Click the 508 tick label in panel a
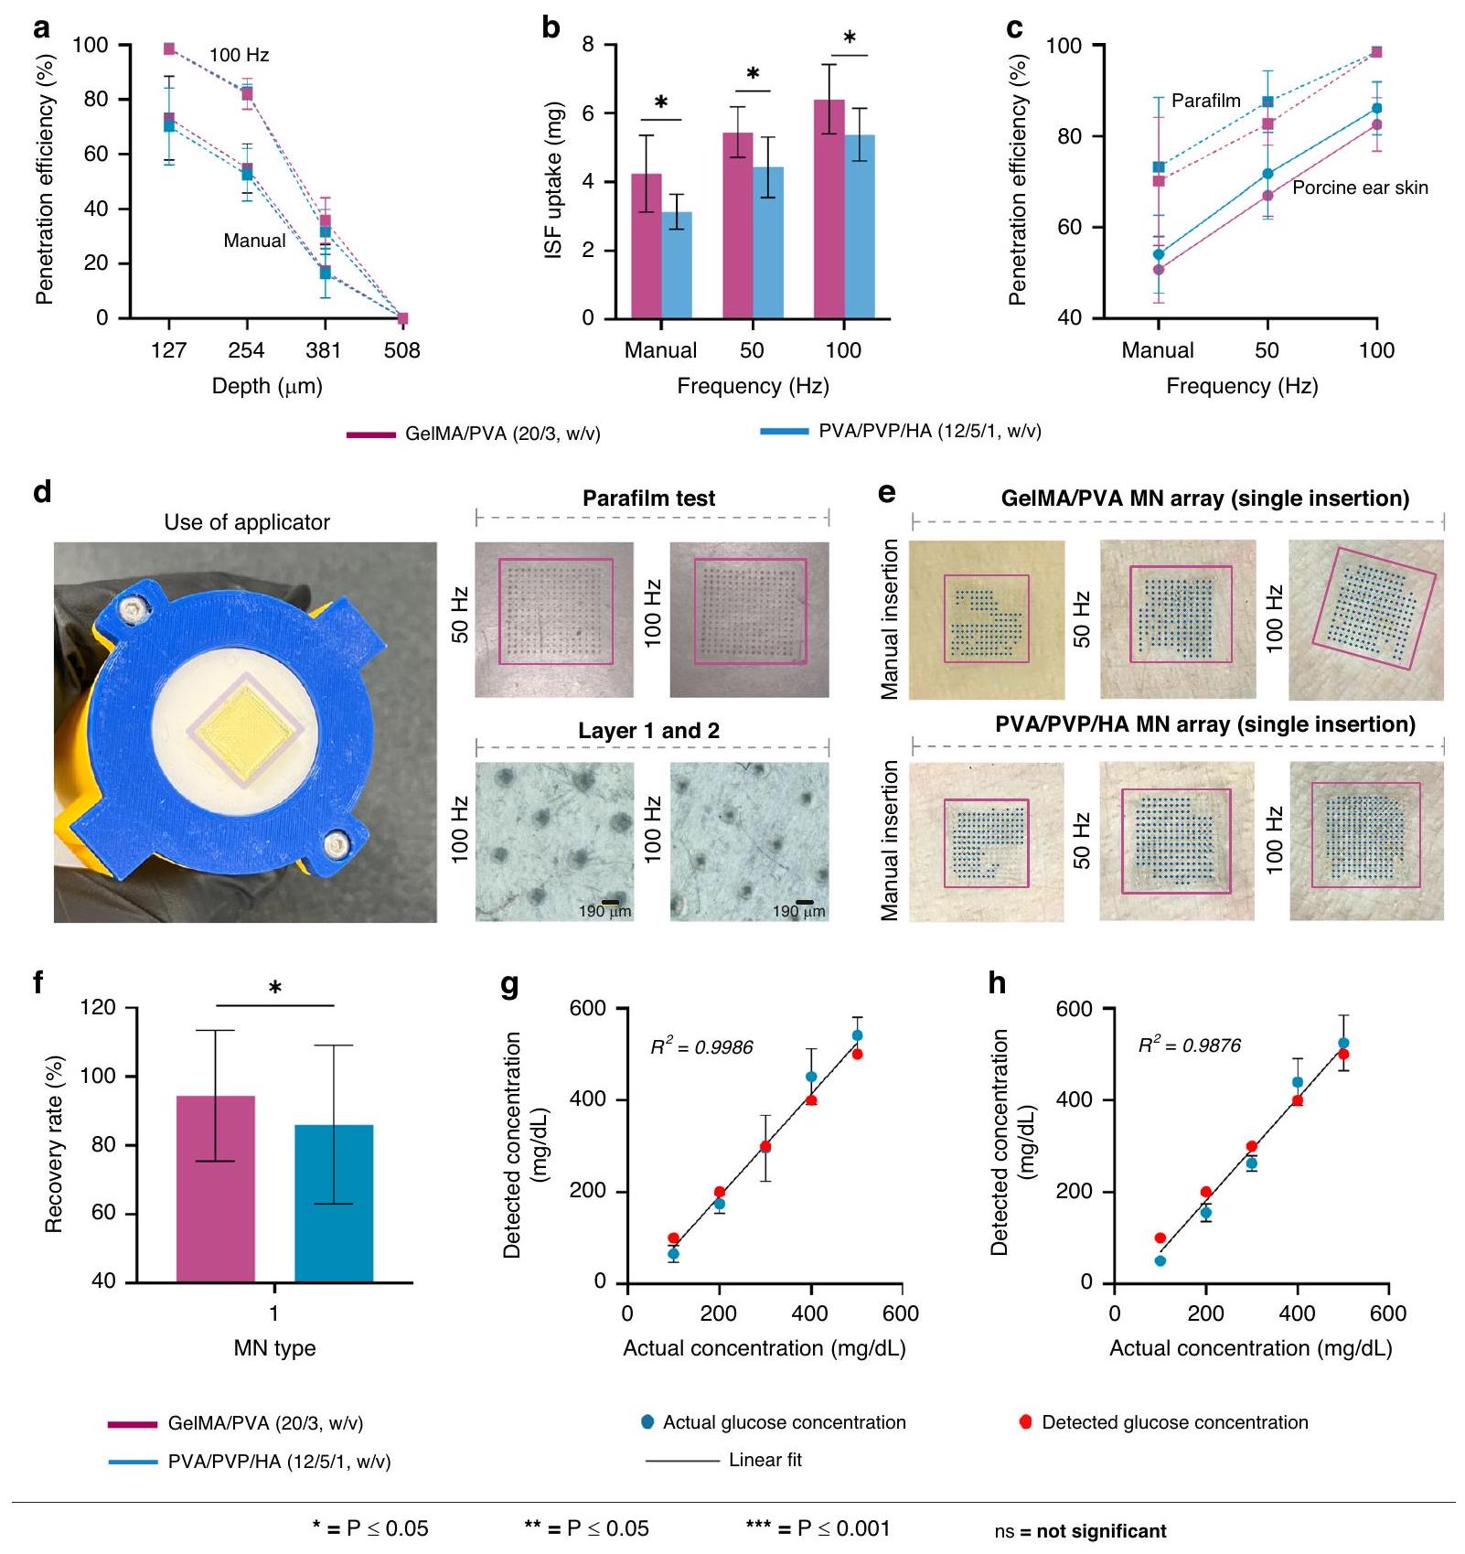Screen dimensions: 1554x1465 (x=401, y=350)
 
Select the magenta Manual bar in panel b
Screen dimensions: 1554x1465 (x=647, y=247)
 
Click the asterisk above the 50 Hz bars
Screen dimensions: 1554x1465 (x=753, y=74)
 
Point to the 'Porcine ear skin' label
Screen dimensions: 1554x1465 (x=1359, y=188)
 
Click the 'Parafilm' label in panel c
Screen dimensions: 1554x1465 (x=1205, y=101)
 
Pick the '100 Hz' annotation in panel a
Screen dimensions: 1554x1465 (x=239, y=56)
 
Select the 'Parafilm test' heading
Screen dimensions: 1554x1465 (x=648, y=498)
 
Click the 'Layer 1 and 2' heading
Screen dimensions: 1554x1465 (x=648, y=731)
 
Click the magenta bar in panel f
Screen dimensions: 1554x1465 (x=216, y=1189)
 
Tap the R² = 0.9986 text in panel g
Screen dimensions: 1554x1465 (x=701, y=1047)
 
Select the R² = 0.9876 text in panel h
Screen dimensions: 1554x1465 (x=1189, y=1045)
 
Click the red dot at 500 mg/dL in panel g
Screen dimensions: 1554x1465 (x=857, y=1054)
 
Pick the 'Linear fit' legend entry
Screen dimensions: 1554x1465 (x=765, y=1460)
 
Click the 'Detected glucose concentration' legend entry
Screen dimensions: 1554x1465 (x=1174, y=1422)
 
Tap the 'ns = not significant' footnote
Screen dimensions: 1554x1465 (x=1080, y=1531)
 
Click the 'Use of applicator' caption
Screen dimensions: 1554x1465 (x=247, y=522)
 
